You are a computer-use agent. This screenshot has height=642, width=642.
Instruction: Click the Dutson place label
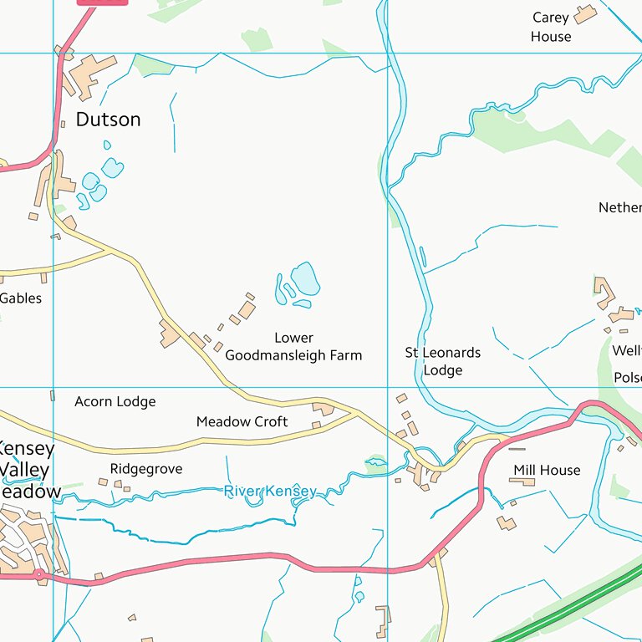(x=108, y=120)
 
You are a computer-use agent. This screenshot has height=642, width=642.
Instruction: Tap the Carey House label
(x=551, y=27)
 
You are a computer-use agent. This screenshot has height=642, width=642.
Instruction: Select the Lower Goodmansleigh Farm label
(x=293, y=347)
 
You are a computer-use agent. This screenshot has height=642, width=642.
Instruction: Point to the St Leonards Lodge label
(x=442, y=361)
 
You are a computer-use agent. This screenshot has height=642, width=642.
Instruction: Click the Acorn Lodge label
(x=115, y=402)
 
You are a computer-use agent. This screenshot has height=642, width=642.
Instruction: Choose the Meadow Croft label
(x=242, y=422)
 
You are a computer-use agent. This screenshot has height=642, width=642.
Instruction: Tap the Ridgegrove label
(x=145, y=469)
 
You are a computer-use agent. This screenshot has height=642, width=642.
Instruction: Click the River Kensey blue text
(x=270, y=492)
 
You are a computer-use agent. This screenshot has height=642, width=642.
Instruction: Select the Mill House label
(x=547, y=471)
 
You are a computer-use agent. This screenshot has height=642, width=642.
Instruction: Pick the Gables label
(x=21, y=298)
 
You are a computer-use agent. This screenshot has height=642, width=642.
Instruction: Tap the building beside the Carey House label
(x=585, y=13)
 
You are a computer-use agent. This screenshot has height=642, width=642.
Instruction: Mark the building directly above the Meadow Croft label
(x=322, y=409)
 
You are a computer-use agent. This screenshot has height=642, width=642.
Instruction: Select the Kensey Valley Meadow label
(x=28, y=470)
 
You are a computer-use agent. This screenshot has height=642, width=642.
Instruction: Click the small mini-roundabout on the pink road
(x=38, y=574)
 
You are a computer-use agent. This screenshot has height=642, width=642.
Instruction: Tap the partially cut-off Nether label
(x=620, y=207)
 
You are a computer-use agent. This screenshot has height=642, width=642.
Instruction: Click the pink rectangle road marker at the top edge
(x=102, y=3)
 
